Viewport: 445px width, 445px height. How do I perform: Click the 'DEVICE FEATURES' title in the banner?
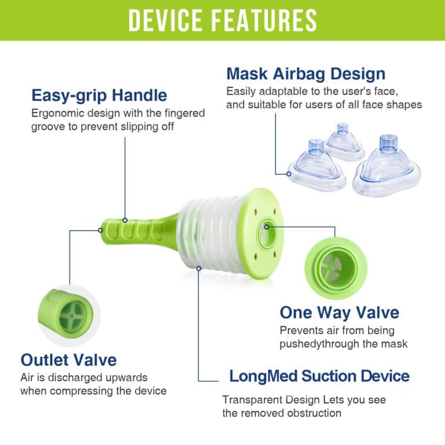[x=222, y=20]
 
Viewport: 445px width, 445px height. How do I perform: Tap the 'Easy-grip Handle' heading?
[x=99, y=96]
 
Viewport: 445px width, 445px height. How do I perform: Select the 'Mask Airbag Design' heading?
[x=306, y=74]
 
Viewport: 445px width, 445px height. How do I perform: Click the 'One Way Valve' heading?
[x=340, y=313]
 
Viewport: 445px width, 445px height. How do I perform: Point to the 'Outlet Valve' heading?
[x=68, y=360]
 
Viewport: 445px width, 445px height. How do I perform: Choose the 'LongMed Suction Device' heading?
[x=319, y=376]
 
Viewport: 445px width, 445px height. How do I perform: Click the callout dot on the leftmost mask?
[x=289, y=174]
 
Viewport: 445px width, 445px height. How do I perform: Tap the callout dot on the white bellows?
[x=199, y=268]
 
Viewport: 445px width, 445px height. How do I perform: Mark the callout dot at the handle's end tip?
[x=100, y=230]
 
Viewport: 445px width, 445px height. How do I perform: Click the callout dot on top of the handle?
[x=125, y=220]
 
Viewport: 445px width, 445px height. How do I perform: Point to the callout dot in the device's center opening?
[x=267, y=227]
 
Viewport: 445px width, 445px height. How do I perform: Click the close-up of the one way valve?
[x=335, y=268]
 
